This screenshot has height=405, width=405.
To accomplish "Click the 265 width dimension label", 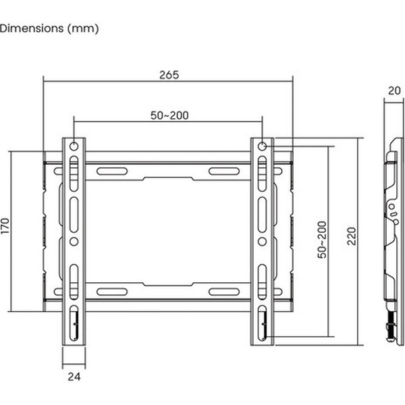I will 169,75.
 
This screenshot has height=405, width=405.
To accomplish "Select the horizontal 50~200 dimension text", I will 169,115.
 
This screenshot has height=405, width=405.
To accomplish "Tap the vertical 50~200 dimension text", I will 322,240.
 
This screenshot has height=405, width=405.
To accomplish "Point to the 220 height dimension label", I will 350,236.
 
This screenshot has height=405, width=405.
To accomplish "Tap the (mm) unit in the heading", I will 84,28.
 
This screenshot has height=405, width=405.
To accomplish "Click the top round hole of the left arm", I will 74,146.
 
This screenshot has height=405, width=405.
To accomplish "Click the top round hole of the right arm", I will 263,146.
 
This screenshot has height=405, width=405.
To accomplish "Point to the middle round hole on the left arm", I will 74,240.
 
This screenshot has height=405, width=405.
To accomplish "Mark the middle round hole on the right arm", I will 263,240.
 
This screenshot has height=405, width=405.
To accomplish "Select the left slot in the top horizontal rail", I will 112,171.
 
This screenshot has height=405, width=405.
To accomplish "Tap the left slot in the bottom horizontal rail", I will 112,292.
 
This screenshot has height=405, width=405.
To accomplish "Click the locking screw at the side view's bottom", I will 389,330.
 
